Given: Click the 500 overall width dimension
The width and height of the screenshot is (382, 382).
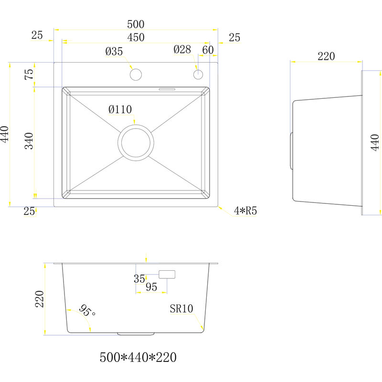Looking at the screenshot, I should click(x=136, y=24).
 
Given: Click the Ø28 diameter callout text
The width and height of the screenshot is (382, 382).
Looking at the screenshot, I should click(x=182, y=49).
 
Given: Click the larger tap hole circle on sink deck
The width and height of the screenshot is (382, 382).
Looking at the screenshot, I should click(x=136, y=74).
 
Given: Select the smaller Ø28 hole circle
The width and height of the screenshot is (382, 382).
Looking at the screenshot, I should click(x=198, y=74).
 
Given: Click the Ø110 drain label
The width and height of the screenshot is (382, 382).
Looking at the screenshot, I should click(x=120, y=110).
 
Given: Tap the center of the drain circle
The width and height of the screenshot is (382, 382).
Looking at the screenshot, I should click(x=136, y=142).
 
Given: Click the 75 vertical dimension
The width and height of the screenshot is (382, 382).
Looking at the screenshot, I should click(x=29, y=74).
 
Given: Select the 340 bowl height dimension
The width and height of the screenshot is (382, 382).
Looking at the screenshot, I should click(x=29, y=141).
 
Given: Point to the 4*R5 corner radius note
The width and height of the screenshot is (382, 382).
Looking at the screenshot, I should click(x=246, y=211).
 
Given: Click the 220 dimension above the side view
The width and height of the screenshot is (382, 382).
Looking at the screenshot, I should click(x=326, y=56).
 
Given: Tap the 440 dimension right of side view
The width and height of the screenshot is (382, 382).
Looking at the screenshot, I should click(x=375, y=142).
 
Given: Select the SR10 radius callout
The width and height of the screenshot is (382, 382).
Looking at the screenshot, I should click(x=181, y=309).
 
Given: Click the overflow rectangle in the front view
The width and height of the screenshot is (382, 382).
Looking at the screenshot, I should click(x=167, y=275).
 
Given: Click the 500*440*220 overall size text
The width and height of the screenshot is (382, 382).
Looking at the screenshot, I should click(x=138, y=357).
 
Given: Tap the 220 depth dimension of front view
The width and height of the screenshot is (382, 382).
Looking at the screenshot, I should click(x=39, y=299).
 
